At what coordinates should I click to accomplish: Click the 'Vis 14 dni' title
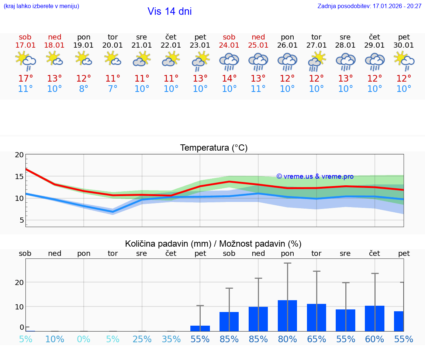click(x=170, y=11)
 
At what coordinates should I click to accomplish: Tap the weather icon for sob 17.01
click(x=25, y=61)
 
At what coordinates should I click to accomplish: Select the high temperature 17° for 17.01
click(x=25, y=79)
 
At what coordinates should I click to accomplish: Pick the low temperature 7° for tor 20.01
click(x=113, y=89)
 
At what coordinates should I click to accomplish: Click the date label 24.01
click(x=229, y=45)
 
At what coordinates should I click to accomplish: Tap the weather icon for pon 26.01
click(x=287, y=61)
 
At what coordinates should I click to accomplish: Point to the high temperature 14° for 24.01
click(x=229, y=79)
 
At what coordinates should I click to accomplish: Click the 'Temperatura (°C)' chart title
click(x=214, y=148)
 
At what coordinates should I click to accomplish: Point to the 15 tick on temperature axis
click(x=19, y=176)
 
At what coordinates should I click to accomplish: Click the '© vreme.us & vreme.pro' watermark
click(x=315, y=176)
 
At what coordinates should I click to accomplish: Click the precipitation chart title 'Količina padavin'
click(x=213, y=244)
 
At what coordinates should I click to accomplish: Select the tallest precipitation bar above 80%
click(x=287, y=316)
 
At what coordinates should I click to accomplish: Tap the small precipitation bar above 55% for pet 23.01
click(x=200, y=328)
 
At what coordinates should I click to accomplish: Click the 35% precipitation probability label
click(x=171, y=339)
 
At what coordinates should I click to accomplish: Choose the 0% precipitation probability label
click(x=84, y=339)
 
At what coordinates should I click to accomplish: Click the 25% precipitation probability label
click(x=142, y=339)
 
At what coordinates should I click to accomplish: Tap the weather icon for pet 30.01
click(x=404, y=61)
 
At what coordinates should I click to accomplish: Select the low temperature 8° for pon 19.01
click(x=84, y=89)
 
